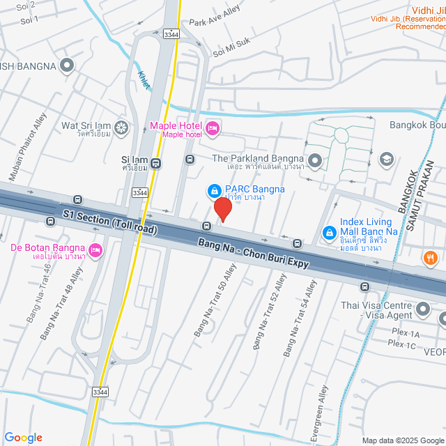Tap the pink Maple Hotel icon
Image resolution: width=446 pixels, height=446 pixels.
[213, 127]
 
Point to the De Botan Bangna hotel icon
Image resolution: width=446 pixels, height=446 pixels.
[95, 249]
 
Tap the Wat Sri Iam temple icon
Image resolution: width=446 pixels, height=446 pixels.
[122, 128]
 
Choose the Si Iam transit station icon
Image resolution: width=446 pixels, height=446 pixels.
[155, 164]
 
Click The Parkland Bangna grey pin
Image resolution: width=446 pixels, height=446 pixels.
[315, 162]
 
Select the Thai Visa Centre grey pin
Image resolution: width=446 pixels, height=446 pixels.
[422, 308]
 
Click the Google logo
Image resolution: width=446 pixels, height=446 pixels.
[22, 438]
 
